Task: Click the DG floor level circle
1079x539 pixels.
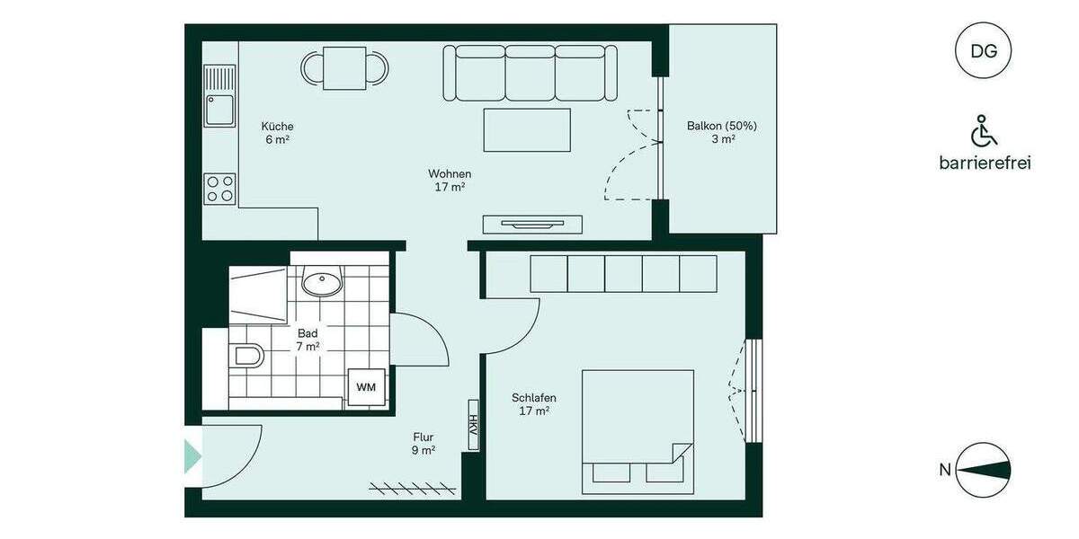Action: pos(984,51)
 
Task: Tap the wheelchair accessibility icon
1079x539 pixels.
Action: pos(984,131)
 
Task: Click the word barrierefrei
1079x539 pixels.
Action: pos(985,163)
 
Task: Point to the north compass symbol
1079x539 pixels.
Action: pos(984,469)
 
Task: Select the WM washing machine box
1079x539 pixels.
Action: pos(367,387)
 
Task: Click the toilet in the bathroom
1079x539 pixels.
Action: pos(246,357)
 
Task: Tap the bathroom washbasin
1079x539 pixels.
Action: pos(321,284)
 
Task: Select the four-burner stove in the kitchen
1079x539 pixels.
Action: pos(220,189)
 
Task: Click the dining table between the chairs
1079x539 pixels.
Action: pos(344,68)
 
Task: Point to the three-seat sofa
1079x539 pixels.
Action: pos(531,73)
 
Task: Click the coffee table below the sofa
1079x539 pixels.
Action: pos(527,129)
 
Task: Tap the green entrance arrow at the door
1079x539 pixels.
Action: pos(192,456)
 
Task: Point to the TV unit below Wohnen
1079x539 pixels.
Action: pos(532,225)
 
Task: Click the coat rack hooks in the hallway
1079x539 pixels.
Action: pos(414,488)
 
